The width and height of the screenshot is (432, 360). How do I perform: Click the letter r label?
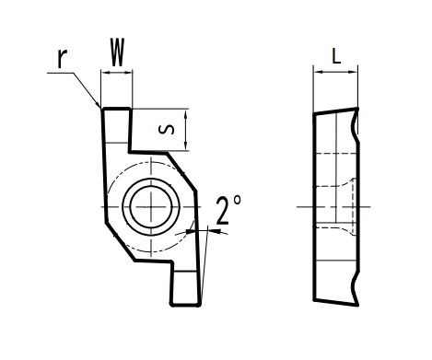(61, 58)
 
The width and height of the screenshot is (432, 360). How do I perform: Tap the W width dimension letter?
(117, 53)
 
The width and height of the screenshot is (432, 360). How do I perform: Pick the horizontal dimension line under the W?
(117, 74)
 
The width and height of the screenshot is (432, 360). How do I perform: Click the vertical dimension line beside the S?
(187, 130)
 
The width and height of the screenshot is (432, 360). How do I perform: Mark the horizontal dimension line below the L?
(336, 74)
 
